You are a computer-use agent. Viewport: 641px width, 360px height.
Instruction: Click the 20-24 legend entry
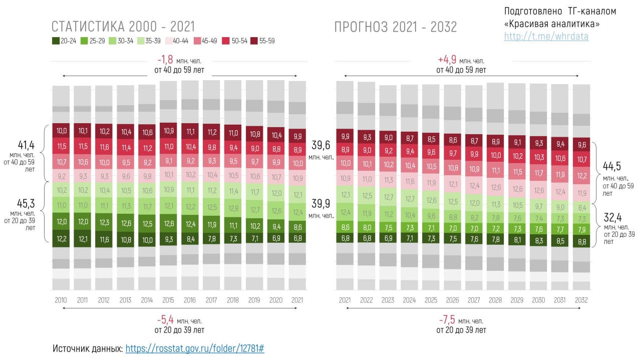pyautogui.click(x=65, y=41)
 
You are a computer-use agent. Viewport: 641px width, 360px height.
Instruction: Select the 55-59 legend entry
pyautogui.click(x=263, y=41)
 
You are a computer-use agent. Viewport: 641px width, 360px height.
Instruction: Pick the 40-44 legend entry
pyautogui.click(x=178, y=41)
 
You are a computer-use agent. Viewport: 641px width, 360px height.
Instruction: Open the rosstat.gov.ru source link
pyautogui.click(x=194, y=348)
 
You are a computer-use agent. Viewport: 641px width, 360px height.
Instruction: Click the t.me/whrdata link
pyautogui.click(x=546, y=37)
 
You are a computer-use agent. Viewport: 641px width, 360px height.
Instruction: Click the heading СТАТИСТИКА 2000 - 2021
pyautogui.click(x=123, y=27)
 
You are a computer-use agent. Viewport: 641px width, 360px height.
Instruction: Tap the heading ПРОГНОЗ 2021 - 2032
pyautogui.click(x=396, y=27)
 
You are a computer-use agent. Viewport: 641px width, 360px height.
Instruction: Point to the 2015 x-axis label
pyautogui.click(x=168, y=300)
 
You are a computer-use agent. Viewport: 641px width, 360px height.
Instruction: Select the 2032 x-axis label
pyautogui.click(x=581, y=300)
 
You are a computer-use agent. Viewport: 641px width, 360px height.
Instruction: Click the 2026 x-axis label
pyautogui.click(x=452, y=300)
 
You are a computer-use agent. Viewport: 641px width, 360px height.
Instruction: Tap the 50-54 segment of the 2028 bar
pyautogui.click(x=495, y=155)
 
